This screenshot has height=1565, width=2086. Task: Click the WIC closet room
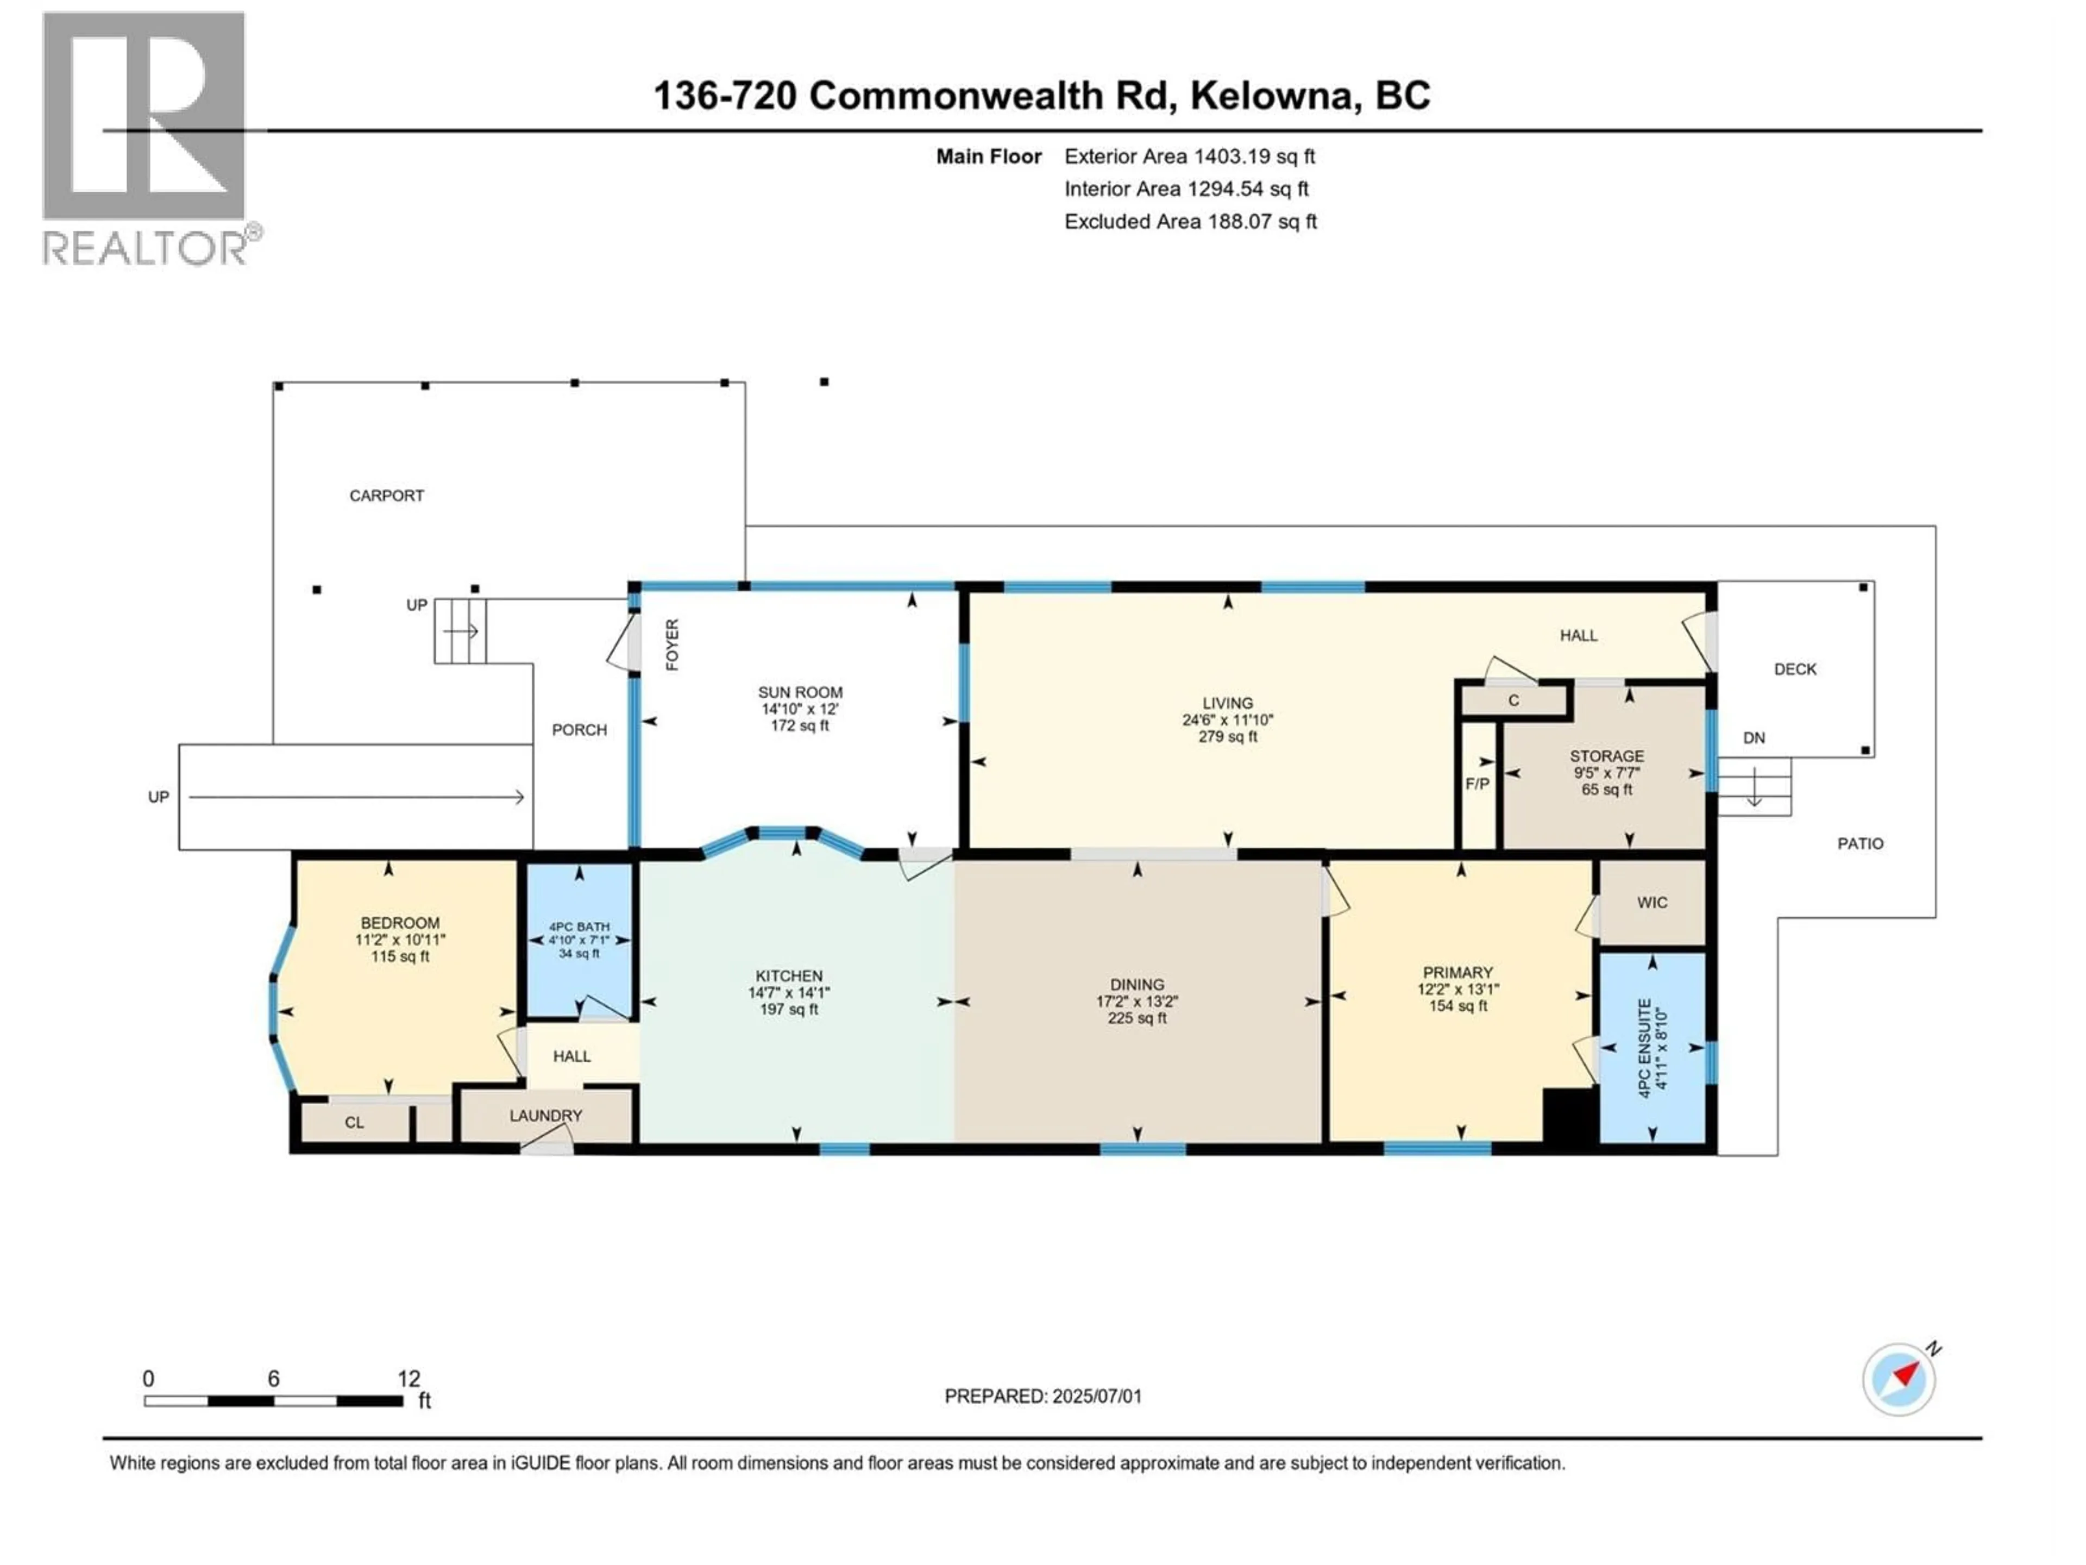point(1652,903)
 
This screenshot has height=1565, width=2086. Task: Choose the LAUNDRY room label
point(545,1115)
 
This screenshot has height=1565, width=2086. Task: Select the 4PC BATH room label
point(579,927)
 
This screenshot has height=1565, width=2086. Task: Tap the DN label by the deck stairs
point(1753,738)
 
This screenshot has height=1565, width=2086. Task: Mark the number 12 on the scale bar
point(409,1378)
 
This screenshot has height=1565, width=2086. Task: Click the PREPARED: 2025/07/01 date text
point(1043,1396)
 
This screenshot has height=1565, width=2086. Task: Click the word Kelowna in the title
point(1273,95)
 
